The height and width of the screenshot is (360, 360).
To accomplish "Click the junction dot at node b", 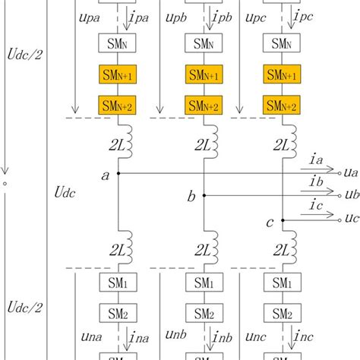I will tap(204, 194).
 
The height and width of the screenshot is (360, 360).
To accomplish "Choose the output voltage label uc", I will tap(350, 219).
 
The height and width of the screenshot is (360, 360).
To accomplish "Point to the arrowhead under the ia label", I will tap(333, 172).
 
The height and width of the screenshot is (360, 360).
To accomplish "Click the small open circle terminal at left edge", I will tap(5, 182).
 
